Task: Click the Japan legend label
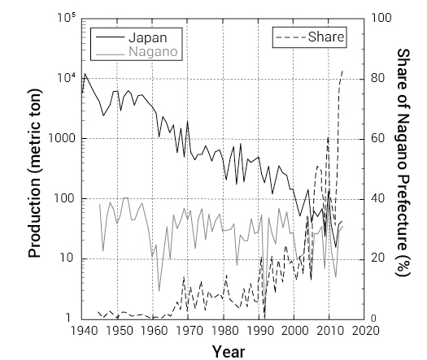[147, 37]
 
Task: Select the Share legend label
[327, 37]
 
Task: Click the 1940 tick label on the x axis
[84, 332]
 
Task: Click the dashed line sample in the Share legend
[292, 37]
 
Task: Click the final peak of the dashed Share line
[342, 71]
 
